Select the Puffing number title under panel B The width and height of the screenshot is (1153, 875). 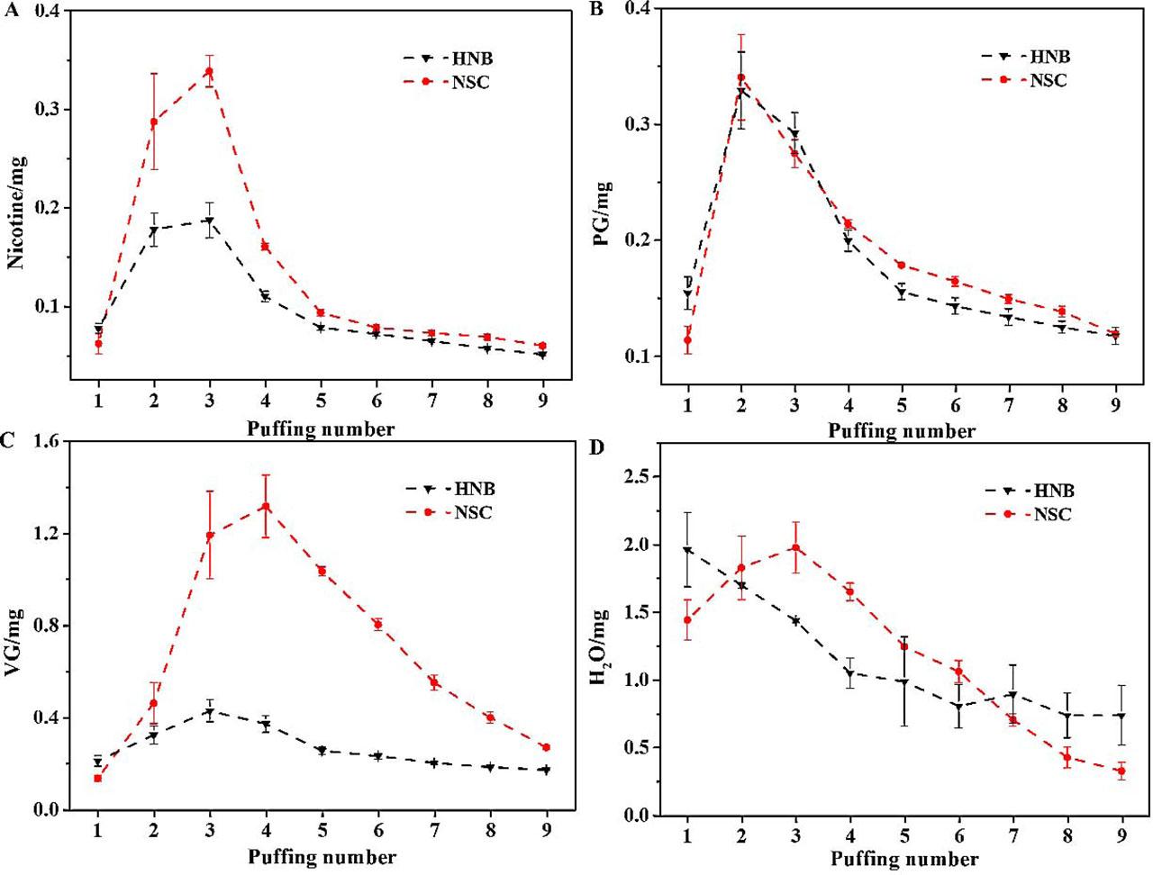(x=902, y=432)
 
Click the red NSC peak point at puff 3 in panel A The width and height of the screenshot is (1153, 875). (x=209, y=72)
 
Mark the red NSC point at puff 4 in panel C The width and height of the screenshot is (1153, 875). (x=266, y=507)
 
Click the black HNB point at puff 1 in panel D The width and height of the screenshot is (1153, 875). (x=687, y=550)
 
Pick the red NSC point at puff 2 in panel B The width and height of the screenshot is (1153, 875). (x=741, y=77)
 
